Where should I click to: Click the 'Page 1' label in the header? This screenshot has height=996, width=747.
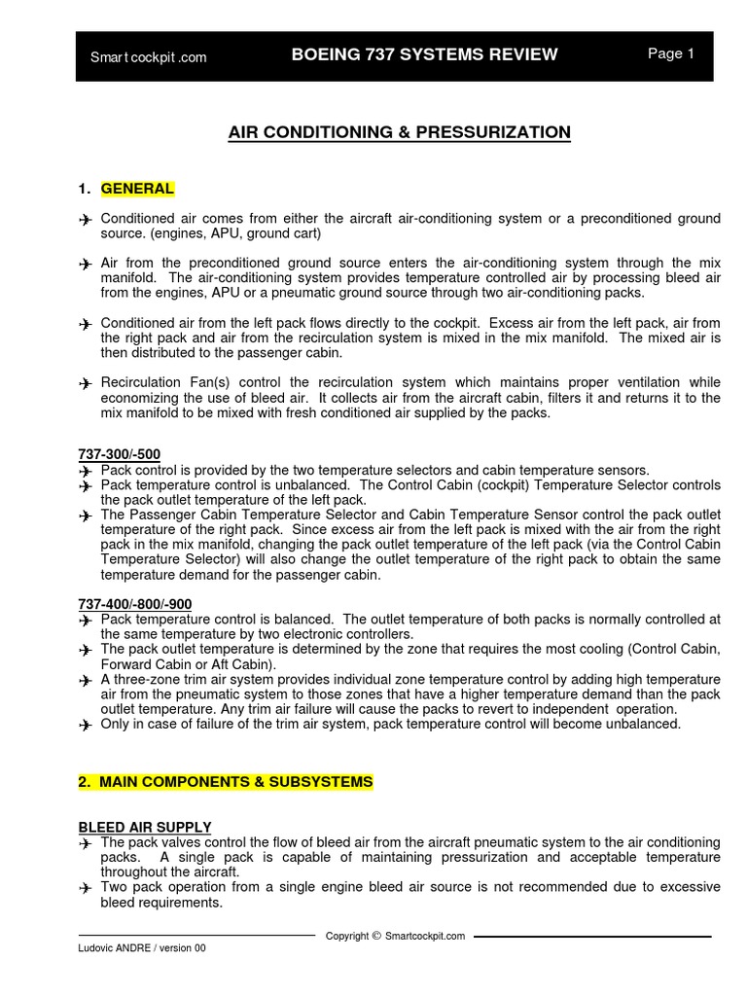click(670, 54)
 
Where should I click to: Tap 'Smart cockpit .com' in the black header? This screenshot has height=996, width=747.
click(148, 57)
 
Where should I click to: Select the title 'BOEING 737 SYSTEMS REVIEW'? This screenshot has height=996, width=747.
click(425, 54)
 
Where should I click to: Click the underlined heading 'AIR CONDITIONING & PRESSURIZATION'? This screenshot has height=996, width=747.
click(399, 132)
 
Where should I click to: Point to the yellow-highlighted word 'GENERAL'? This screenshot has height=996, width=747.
click(137, 189)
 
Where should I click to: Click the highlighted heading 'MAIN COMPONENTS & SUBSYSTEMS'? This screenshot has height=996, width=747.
click(225, 782)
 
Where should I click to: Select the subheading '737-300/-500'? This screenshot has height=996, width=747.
click(119, 454)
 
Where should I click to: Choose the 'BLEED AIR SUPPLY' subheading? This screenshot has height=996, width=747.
click(144, 827)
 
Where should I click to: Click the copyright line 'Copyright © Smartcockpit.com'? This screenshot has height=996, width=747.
click(395, 937)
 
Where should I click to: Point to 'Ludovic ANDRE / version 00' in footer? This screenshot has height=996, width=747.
click(142, 948)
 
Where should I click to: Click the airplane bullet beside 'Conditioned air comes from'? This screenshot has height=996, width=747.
click(86, 220)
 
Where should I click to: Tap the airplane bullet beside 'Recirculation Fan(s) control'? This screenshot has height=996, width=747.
click(86, 384)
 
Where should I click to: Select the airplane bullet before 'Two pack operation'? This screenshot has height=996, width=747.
click(86, 888)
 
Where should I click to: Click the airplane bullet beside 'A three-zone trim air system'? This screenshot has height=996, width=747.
click(86, 681)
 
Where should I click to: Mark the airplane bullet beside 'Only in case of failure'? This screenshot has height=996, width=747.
click(86, 725)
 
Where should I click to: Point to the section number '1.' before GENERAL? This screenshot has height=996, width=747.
click(84, 189)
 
